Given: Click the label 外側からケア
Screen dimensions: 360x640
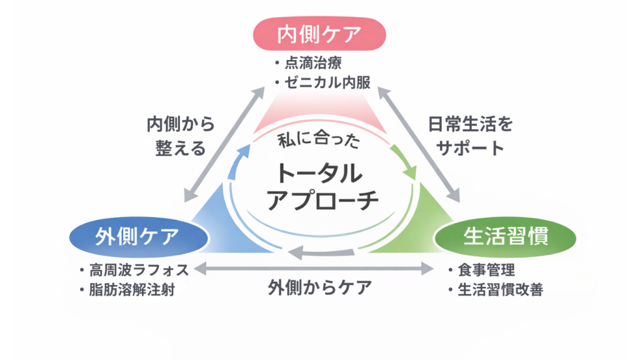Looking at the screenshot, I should pos(320,287).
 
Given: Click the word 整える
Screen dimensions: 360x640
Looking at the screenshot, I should pos(181,148).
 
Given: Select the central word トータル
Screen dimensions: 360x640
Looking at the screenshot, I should pos(320,173).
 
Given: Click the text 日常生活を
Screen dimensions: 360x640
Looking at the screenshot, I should pos(471,124).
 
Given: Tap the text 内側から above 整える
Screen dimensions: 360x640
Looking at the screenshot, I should pos(181,124).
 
